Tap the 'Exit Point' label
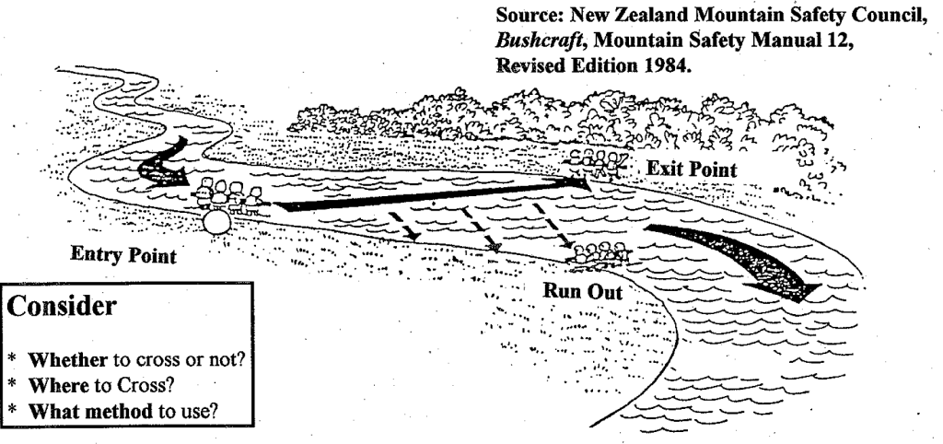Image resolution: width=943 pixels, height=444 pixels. coord(692,169)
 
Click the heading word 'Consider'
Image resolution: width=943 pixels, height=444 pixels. coord(61,306)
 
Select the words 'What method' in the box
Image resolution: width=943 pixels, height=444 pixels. coord(90,411)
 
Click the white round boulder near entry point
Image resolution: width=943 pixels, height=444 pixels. coord(216,221)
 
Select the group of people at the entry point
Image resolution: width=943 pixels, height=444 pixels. coord(229,193)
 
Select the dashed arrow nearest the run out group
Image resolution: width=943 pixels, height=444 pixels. coord(553,226)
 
